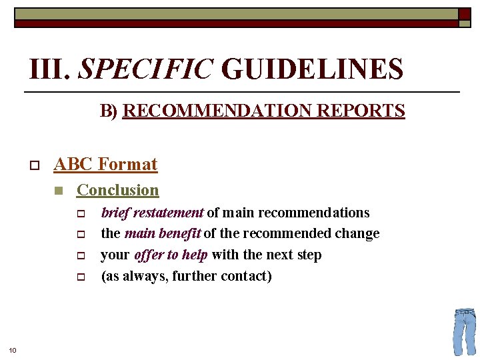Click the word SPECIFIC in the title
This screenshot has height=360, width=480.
pos(146,69)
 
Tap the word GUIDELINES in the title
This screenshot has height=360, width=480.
pos(312,69)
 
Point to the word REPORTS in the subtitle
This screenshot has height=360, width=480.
pos(362,111)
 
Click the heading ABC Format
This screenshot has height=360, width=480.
pos(105,164)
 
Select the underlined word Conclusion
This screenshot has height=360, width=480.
pos(118,190)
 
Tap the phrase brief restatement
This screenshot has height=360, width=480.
pos(152,213)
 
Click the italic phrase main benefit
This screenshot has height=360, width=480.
pos(162,233)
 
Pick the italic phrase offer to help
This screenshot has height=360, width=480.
pos(171,255)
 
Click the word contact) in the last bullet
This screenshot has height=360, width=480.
pos(247,276)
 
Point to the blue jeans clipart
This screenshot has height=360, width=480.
pos(464,331)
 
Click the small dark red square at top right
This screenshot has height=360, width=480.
pos(464,13)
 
